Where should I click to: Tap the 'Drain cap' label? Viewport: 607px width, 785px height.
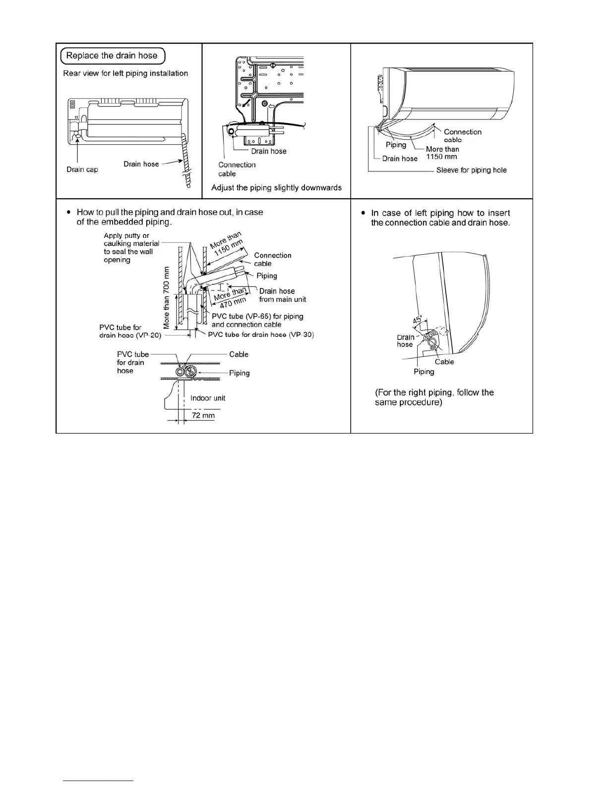82,169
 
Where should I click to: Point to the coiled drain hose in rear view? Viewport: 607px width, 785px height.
186,159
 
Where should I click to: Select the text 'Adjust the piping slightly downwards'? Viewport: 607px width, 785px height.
276,188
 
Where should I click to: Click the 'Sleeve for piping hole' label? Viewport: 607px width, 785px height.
471,170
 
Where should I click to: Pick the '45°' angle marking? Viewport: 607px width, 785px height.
418,320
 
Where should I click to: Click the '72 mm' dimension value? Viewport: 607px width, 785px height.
203,415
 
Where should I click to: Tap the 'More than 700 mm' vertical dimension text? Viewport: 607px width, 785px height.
167,297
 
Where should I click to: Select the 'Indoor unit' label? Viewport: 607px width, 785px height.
208,398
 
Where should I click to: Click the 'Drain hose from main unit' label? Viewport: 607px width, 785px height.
282,295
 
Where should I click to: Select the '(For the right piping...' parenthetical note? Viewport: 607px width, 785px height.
434,397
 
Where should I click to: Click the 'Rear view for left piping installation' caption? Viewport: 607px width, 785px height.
125,73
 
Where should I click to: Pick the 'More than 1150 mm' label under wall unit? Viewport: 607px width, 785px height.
442,153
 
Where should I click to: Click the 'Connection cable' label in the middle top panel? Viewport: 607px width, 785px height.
237,169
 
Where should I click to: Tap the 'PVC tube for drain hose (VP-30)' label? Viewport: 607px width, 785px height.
261,335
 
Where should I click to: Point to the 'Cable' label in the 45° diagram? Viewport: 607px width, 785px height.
444,362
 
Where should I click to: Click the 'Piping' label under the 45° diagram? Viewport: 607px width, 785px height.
424,372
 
